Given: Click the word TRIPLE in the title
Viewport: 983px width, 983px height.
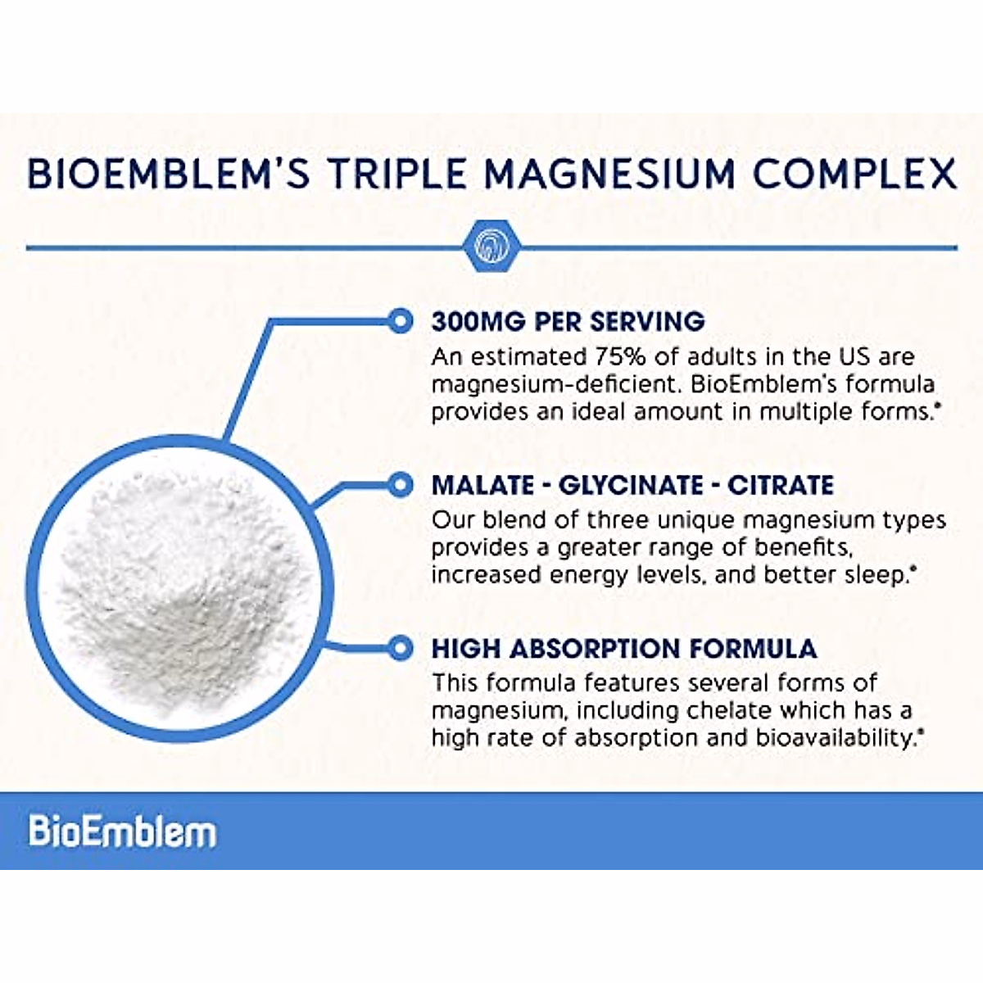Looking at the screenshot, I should (398, 174).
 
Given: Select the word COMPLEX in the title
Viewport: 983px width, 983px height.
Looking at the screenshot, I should (854, 174).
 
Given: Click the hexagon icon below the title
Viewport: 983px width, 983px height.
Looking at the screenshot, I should (491, 246).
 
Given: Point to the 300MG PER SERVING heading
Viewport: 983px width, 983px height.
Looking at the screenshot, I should (568, 321).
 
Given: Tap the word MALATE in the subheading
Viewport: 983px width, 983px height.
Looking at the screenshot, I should (482, 485).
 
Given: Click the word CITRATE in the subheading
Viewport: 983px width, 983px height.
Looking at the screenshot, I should (780, 485).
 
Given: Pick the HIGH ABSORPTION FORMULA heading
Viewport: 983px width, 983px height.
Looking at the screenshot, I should (624, 649).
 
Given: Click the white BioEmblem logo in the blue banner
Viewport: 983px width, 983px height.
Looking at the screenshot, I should (123, 831).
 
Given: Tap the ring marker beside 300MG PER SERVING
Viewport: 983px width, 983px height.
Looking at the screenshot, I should (400, 321).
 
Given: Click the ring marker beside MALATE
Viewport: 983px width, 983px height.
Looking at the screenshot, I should (400, 485).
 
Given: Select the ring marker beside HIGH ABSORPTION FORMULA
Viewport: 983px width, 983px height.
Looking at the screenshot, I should (400, 649).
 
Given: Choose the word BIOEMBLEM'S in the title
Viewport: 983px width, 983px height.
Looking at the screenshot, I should (168, 174).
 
